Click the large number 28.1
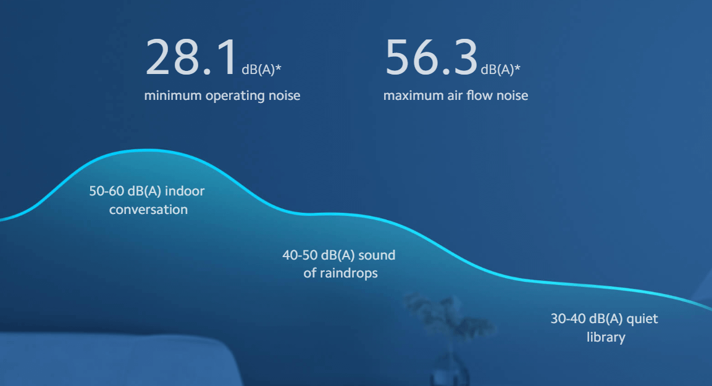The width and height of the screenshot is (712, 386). [191, 57]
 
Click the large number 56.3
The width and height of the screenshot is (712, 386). [430, 57]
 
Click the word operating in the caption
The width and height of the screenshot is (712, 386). [236, 96]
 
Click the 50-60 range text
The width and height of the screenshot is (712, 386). [106, 191]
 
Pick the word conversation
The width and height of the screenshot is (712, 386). [148, 210]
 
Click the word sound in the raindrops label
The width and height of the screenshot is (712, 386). [376, 255]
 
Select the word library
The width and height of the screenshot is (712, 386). [605, 337]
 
